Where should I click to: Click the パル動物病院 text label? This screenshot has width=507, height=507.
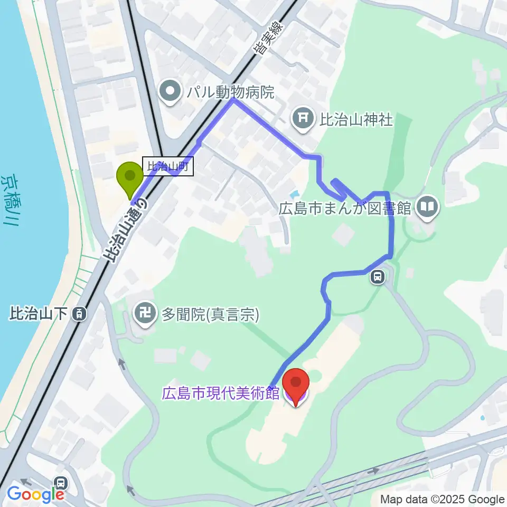[231, 93]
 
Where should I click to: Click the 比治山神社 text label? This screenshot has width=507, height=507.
[356, 119]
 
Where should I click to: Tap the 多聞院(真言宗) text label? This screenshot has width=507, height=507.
[210, 315]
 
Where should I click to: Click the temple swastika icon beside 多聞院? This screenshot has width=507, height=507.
[145, 315]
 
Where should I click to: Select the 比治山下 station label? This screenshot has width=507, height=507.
[39, 314]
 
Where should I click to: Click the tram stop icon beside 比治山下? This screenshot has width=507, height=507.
[79, 314]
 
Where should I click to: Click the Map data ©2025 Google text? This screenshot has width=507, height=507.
[442, 500]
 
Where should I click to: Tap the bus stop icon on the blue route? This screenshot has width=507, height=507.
[377, 277]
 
